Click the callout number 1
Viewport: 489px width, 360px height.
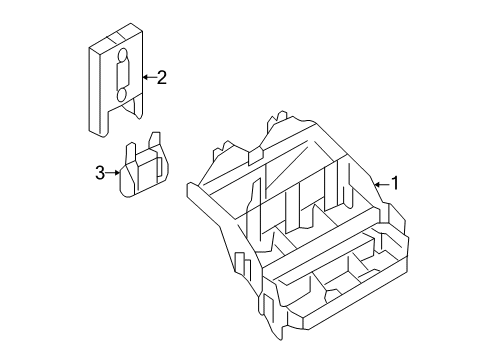(x=395, y=183)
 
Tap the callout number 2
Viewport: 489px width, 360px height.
(x=161, y=77)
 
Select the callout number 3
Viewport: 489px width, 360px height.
(x=100, y=173)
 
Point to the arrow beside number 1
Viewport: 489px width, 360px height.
(x=381, y=184)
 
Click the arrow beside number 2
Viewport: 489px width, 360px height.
(x=149, y=77)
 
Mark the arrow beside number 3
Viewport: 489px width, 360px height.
(x=113, y=173)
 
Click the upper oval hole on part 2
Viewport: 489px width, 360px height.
(x=123, y=55)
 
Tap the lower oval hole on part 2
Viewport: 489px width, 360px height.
(x=121, y=95)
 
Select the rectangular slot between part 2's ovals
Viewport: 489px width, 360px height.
(x=121, y=75)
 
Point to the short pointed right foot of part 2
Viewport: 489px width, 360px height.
(x=136, y=107)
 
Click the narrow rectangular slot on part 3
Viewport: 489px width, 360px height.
(x=159, y=166)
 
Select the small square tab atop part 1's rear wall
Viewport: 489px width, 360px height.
(x=256, y=157)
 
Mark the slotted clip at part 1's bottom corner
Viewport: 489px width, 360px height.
(x=269, y=307)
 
